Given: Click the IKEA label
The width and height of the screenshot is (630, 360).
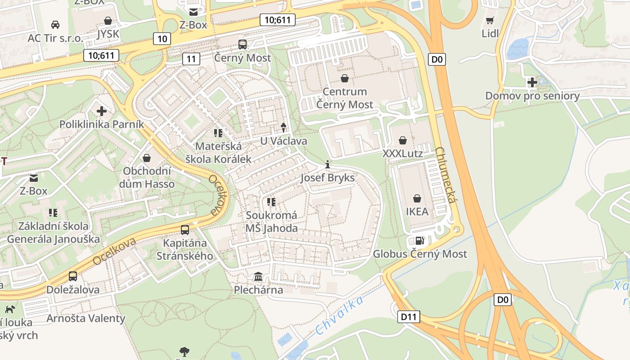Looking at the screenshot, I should click(417, 211).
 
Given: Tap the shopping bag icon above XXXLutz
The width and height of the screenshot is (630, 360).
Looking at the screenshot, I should click(402, 140).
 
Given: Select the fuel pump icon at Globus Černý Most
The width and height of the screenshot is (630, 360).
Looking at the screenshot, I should click(419, 241).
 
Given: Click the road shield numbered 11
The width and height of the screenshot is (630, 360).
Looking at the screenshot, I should click(191, 58).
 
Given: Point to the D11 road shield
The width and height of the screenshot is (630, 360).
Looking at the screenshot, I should click(409, 317).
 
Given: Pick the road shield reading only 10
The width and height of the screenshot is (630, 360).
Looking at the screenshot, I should click(162, 39).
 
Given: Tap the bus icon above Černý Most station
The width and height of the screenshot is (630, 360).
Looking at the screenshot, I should click(243, 44).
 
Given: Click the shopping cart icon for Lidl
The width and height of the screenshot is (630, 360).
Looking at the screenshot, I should click(490, 20).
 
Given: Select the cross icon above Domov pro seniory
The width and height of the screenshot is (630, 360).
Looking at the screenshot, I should click(532, 82).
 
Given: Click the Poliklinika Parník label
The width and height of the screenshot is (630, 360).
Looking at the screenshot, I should click(102, 124).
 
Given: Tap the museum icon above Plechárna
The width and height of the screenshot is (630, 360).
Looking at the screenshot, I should click(258, 276).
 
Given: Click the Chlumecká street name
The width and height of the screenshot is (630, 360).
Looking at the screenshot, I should click(446, 175).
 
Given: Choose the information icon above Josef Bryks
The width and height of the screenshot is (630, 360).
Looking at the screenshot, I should click(328, 165).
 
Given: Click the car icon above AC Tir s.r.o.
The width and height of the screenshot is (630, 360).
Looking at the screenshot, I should click(55, 24).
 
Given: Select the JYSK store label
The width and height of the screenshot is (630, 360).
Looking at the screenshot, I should click(108, 34).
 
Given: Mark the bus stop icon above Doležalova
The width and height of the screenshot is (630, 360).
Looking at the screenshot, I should click(73, 276).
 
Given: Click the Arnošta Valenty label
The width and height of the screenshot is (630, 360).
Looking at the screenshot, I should click(86, 318).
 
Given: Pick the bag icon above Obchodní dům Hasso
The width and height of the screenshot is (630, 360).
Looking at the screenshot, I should click(146, 158).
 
